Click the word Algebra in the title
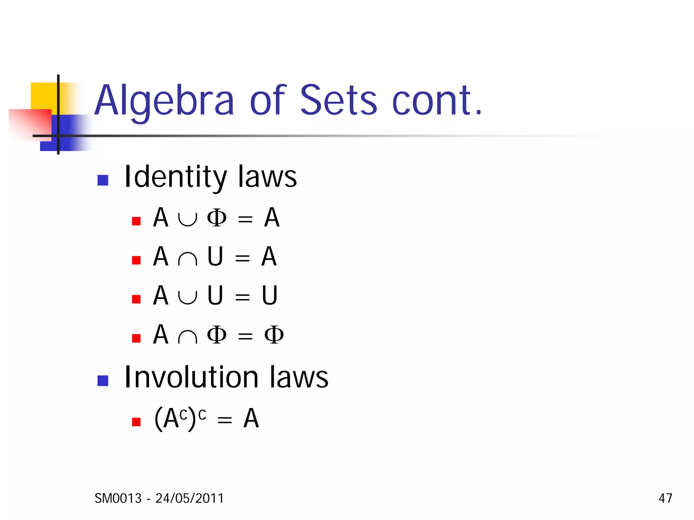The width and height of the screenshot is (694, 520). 164,101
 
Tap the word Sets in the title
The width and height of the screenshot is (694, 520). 338,100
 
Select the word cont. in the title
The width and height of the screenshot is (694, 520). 437,101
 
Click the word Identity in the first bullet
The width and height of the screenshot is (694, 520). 175,177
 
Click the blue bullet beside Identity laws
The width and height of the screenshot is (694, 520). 103,180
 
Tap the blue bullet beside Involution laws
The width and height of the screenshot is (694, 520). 103,381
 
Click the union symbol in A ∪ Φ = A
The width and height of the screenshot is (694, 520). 187,219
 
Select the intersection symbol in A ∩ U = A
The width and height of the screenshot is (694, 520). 187,259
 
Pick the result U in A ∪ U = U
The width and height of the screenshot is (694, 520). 269,296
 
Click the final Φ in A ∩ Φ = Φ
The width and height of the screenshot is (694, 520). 274,335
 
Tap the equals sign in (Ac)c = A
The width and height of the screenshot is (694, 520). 225,421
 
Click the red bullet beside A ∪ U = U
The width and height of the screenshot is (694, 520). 136,299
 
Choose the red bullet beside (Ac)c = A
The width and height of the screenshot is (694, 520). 136,422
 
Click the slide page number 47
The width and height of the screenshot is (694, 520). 665,498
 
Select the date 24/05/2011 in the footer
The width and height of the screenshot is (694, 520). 189,498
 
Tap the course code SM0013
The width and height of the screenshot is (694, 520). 118,498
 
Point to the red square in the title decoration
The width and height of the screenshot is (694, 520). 30,124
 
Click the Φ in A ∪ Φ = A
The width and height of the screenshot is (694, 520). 217,218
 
